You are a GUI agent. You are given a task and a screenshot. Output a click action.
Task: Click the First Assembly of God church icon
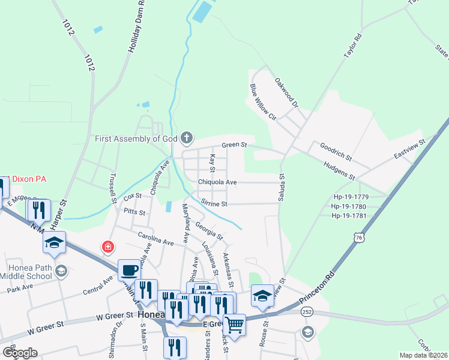[186, 139]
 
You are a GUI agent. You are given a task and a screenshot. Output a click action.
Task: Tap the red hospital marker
[107, 247]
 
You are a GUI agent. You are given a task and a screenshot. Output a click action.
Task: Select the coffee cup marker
[128, 271]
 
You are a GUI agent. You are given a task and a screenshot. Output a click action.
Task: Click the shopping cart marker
[235, 325]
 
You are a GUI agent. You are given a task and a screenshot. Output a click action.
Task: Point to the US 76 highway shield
[358, 238]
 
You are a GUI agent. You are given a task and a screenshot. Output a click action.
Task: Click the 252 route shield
[306, 312]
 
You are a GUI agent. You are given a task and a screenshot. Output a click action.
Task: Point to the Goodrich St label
[336, 151]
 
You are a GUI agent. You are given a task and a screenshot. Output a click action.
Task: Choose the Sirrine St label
[214, 204]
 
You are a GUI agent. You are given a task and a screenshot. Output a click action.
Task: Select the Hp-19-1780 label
[357, 206]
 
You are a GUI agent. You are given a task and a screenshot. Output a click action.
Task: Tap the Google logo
[20, 352]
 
